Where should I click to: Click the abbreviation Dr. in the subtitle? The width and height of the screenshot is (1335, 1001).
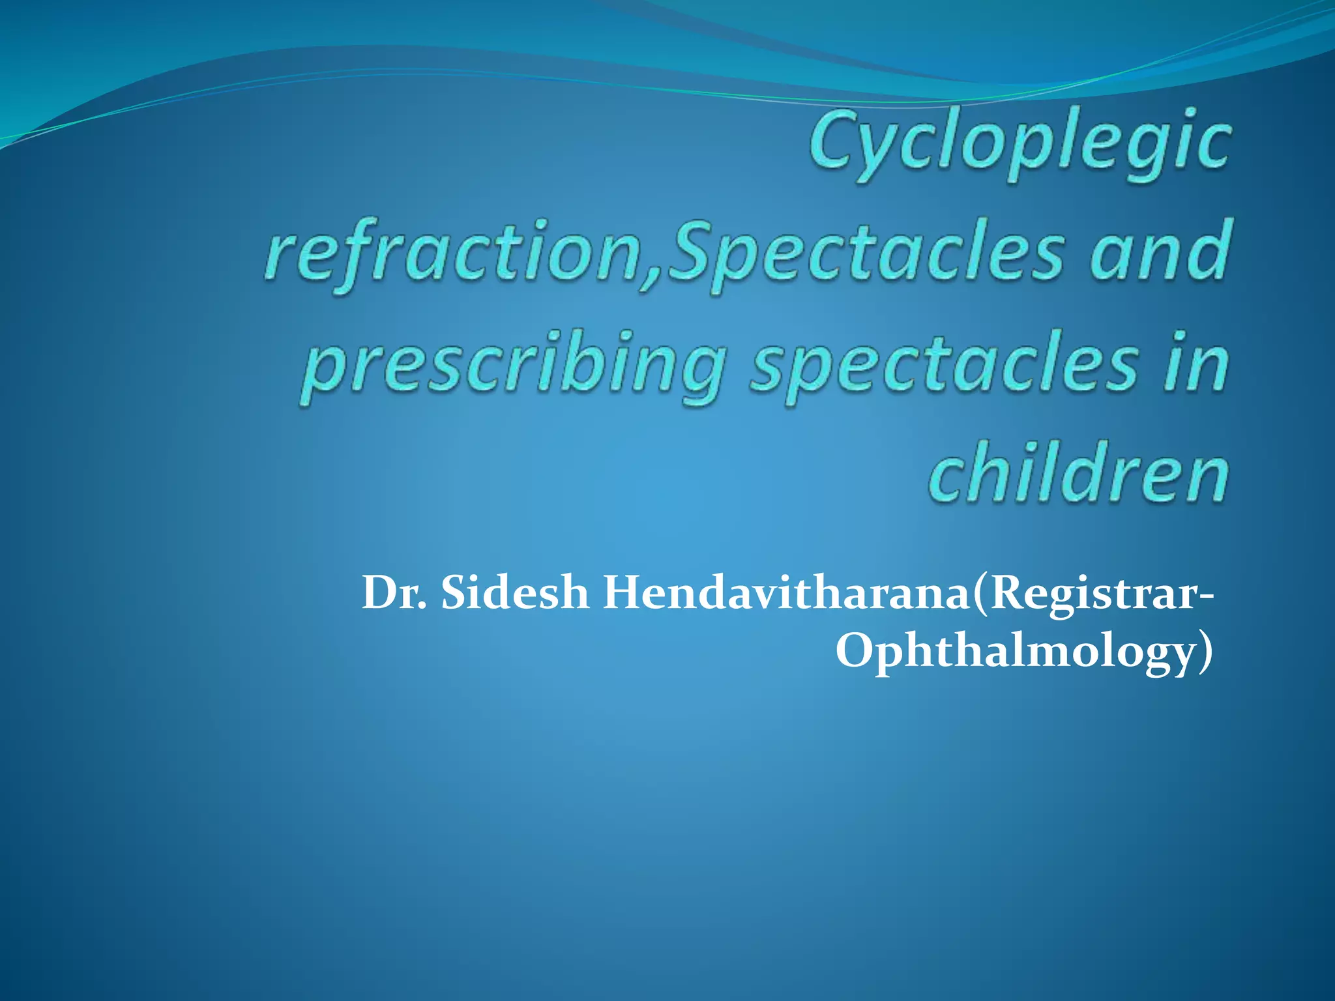pyautogui.click(x=394, y=593)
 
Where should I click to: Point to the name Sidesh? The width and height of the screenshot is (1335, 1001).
pyautogui.click(x=515, y=593)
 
